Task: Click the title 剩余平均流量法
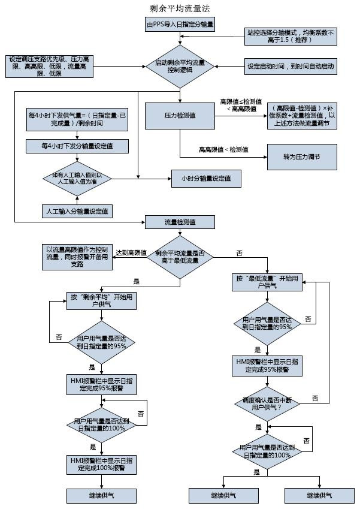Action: pos(180,8)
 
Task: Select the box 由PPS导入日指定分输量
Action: pos(180,25)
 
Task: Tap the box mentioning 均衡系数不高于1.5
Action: pos(290,36)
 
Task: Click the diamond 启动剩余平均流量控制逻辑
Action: pos(180,66)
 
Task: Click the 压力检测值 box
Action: pos(180,114)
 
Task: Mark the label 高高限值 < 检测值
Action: pos(224,149)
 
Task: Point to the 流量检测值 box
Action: pos(180,222)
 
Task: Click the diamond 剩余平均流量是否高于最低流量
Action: pos(180,257)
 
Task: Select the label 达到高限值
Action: pos(131,253)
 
